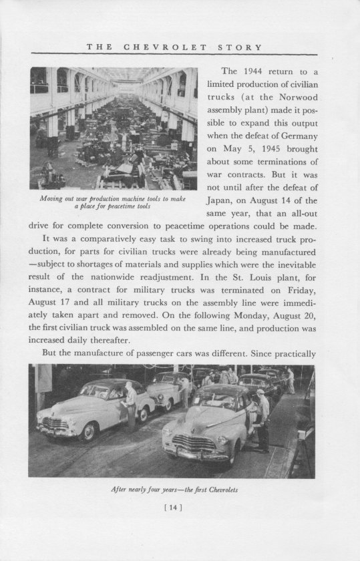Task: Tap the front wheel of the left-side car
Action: pyautogui.click(x=87, y=432)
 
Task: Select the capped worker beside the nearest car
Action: pyautogui.click(x=262, y=421)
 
